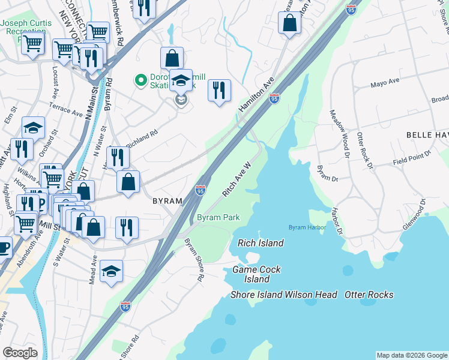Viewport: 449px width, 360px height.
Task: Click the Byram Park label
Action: point(219,217)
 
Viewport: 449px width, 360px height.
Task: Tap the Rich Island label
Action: point(261,243)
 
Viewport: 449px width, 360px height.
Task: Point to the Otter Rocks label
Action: point(369,295)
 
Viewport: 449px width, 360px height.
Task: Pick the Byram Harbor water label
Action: point(307,227)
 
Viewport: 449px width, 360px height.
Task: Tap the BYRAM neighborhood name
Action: point(167,200)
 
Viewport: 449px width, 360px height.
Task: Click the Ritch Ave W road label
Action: point(236,179)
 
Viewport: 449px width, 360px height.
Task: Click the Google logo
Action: point(20,353)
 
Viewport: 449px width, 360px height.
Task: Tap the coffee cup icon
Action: point(3,247)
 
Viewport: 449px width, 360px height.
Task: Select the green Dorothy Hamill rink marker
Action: point(140,79)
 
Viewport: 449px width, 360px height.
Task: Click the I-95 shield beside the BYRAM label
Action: point(200,190)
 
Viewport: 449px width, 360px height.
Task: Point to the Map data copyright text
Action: point(411,355)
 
